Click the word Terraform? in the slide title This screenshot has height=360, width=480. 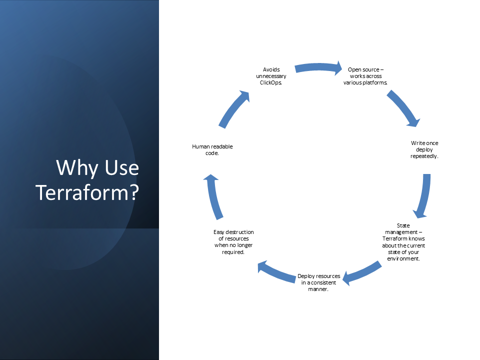click(87, 193)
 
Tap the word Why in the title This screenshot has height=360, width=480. click(77, 167)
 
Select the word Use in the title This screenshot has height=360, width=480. click(122, 167)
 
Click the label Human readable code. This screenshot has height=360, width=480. click(212, 149)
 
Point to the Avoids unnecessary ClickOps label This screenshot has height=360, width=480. click(271, 76)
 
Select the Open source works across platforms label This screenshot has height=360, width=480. click(365, 76)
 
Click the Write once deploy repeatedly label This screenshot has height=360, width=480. click(424, 149)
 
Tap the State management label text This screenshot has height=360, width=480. click(403, 242)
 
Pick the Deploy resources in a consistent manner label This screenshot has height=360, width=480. click(318, 282)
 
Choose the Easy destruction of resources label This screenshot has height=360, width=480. click(233, 242)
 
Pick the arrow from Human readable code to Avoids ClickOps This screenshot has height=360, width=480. click(234, 108)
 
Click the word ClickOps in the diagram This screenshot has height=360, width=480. click(271, 82)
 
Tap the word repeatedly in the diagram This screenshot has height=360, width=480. click(424, 156)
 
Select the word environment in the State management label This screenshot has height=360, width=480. click(403, 258)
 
